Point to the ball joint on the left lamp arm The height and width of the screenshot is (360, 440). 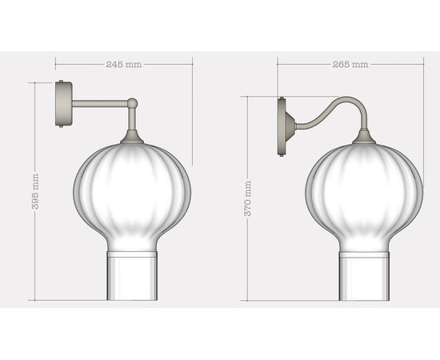tap(132, 102)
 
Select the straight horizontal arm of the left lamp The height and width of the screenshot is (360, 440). tap(99, 102)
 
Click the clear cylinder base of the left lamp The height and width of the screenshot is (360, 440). tap(131, 276)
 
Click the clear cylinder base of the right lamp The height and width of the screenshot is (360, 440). tap(364, 276)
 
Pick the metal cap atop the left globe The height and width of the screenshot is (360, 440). tap(132, 139)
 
